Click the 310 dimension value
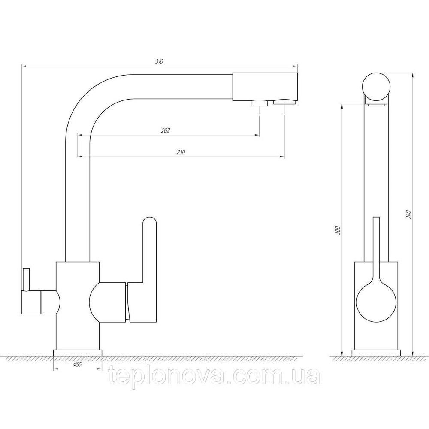159,61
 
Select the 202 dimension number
166,130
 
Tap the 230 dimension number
181,152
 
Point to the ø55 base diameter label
77,364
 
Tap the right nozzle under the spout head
284,102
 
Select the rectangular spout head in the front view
265,87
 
